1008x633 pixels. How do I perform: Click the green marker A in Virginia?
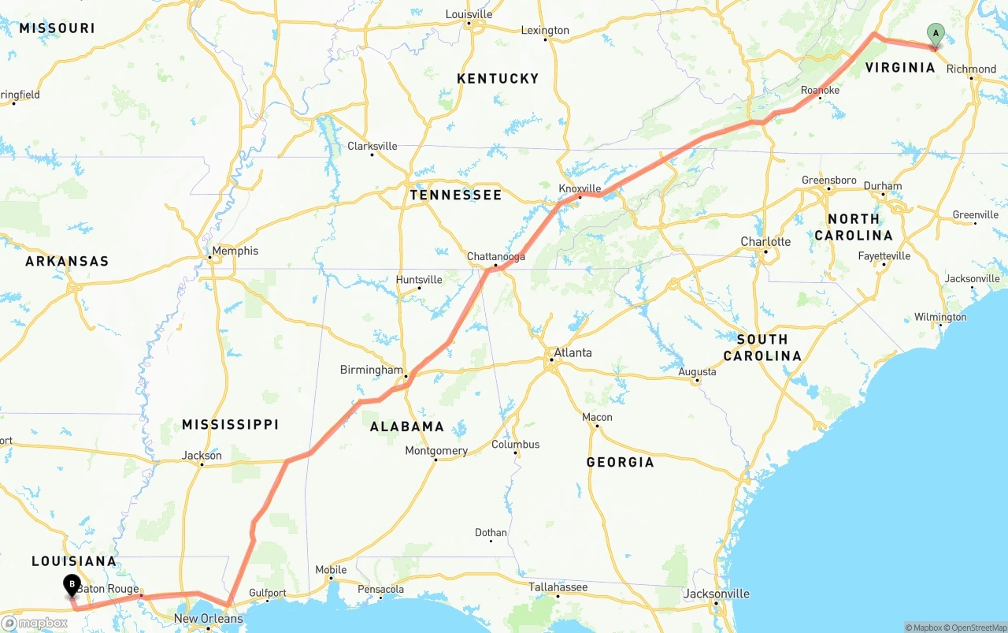[936, 34]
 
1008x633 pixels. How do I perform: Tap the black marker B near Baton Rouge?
[72, 586]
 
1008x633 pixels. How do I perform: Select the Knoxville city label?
[580, 188]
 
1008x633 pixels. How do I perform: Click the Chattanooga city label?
[495, 257]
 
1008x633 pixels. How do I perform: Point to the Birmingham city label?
[371, 370]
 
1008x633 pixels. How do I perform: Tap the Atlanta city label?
[573, 352]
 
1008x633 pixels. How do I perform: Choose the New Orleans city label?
[208, 619]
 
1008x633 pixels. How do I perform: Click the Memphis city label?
[235, 251]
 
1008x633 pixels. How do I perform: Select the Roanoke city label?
[820, 91]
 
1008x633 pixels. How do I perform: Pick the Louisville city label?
[469, 14]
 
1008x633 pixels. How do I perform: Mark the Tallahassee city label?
[558, 587]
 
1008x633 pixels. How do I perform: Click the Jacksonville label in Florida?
[717, 594]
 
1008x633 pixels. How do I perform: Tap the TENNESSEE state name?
[455, 195]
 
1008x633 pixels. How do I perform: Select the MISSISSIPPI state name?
[230, 424]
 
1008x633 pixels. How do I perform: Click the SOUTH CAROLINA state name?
[762, 347]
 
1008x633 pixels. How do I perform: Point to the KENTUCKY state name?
[498, 78]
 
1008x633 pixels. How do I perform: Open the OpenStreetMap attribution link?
[976, 627]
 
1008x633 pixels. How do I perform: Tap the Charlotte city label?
[765, 241]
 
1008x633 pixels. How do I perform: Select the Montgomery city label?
[436, 451]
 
